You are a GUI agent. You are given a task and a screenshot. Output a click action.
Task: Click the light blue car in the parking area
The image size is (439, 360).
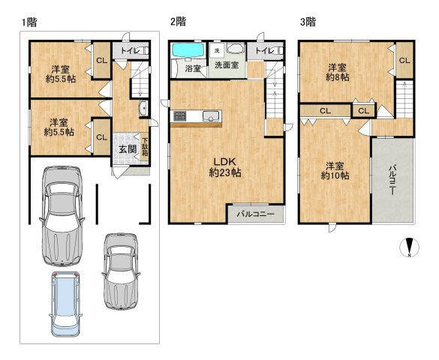click(x=65, y=304)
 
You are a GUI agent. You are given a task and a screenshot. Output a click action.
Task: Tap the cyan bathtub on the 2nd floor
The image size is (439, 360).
click(x=188, y=50)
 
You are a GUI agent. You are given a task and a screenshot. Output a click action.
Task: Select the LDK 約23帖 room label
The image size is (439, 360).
click(x=225, y=167)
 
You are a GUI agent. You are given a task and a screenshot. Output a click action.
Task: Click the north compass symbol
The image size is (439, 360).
click(x=409, y=247)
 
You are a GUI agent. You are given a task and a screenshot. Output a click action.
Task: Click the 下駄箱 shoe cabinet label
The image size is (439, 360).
click(x=145, y=147)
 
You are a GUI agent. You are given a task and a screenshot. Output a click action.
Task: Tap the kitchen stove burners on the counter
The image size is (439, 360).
click(x=179, y=115)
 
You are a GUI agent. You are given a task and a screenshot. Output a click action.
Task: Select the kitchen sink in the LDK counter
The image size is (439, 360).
click(x=211, y=116)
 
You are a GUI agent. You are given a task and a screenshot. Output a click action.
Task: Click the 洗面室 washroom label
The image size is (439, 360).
click(x=227, y=65)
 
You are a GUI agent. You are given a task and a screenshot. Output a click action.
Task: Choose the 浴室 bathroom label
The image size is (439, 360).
click(x=193, y=68)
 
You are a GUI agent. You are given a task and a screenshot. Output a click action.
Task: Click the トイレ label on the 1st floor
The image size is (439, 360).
click(x=130, y=51)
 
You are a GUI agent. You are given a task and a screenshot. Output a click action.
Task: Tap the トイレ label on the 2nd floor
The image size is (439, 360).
click(x=265, y=51)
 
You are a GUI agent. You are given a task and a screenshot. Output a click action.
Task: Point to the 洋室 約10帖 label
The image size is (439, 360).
click(x=335, y=171)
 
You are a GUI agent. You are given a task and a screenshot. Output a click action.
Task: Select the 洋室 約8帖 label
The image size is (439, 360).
click(x=338, y=72)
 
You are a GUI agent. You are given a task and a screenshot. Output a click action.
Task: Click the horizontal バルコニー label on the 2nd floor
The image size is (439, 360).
click(x=256, y=214)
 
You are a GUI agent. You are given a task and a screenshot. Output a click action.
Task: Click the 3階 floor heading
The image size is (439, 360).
click(x=308, y=22)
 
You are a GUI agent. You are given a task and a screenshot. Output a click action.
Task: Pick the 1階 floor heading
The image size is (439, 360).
click(x=29, y=22)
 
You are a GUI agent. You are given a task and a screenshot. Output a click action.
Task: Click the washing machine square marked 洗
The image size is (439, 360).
click(x=217, y=51)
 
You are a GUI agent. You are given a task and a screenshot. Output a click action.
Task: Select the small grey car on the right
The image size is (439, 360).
click(x=121, y=271)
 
